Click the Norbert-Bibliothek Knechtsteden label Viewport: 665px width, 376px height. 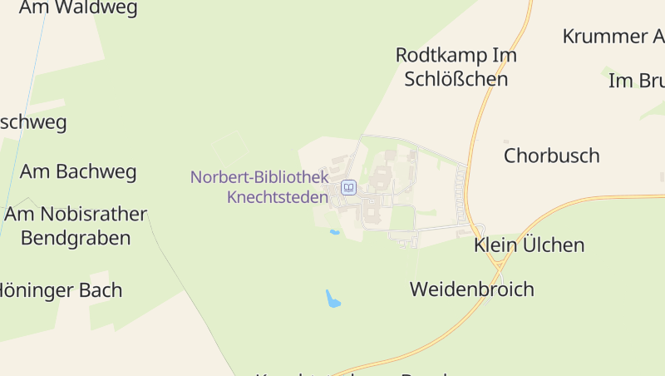(x=259, y=187)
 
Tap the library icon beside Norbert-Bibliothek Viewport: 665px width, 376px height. (x=349, y=187)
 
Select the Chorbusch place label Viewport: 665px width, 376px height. (x=551, y=156)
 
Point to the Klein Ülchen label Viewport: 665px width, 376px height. (x=529, y=245)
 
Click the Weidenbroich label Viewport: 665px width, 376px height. (x=471, y=289)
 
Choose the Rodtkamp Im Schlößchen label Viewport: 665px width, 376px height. (x=456, y=67)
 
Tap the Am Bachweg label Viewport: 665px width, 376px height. (x=78, y=172)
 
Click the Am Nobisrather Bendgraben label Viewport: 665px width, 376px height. (x=76, y=226)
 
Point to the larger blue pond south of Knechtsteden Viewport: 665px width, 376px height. (x=333, y=299)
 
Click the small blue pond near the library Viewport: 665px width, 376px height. (x=334, y=232)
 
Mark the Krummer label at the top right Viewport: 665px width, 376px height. (x=613, y=37)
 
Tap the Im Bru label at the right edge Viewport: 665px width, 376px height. (x=637, y=81)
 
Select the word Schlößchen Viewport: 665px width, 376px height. (x=456, y=79)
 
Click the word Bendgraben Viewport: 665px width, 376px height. (x=76, y=238)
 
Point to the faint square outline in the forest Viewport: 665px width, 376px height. (x=230, y=148)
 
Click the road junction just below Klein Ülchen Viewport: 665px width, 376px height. (x=497, y=265)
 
